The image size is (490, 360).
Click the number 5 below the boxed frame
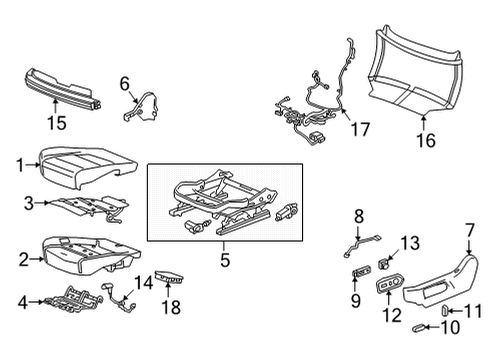225,260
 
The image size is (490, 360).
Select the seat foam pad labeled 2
80,255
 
